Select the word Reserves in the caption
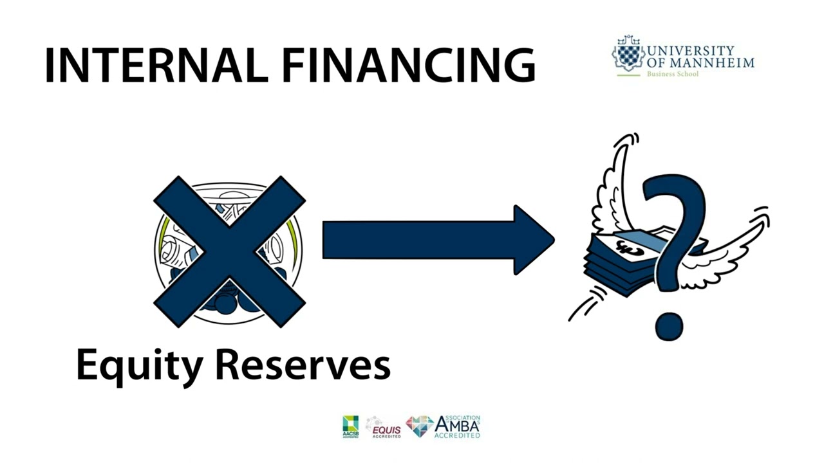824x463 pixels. (x=302, y=365)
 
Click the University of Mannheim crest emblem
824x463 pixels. (x=627, y=53)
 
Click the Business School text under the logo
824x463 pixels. (x=672, y=74)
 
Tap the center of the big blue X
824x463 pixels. (x=229, y=251)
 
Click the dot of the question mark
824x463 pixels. (x=669, y=325)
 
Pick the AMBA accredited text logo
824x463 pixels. (x=457, y=426)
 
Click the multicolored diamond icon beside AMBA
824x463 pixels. (x=420, y=426)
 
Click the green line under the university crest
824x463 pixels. (x=628, y=75)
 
